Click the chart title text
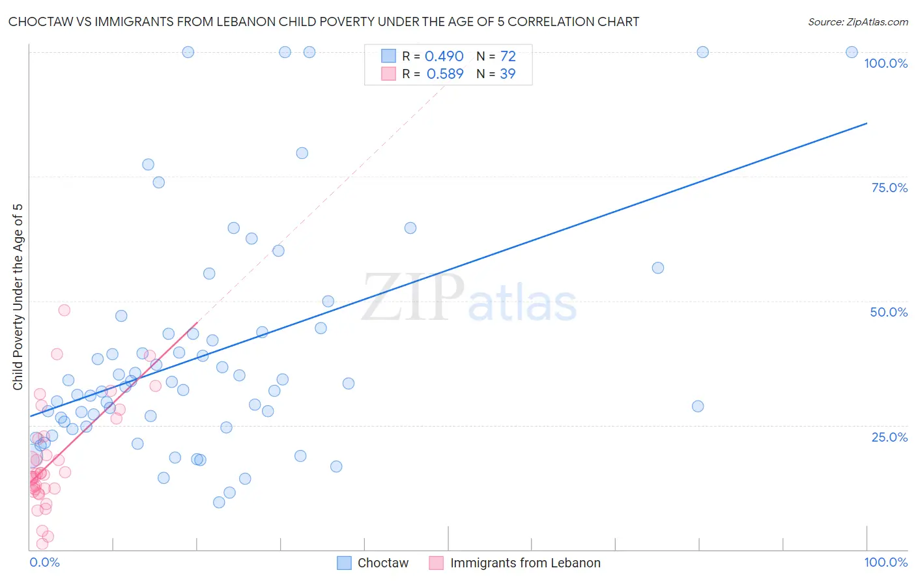pos(324,21)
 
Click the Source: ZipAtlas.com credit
pos(857,21)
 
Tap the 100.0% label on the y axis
pos(885,63)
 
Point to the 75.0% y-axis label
pos(889,188)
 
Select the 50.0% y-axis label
pos(889,312)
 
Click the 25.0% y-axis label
pos(889,436)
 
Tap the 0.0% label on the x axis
pos(44,562)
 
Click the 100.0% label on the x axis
pos(885,562)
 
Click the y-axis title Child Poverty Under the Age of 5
pos(18,297)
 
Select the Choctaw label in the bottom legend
pos(383,563)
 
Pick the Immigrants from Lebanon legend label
pos(525,563)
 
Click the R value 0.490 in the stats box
pos(444,57)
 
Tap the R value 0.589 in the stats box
pos(444,74)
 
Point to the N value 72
pos(508,57)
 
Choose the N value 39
pos(508,74)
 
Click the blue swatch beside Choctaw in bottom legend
pos(345,563)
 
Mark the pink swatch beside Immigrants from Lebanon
pos(437,563)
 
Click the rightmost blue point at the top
pos(852,52)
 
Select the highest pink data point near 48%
pos(64,310)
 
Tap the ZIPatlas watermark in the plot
pos(469,298)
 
